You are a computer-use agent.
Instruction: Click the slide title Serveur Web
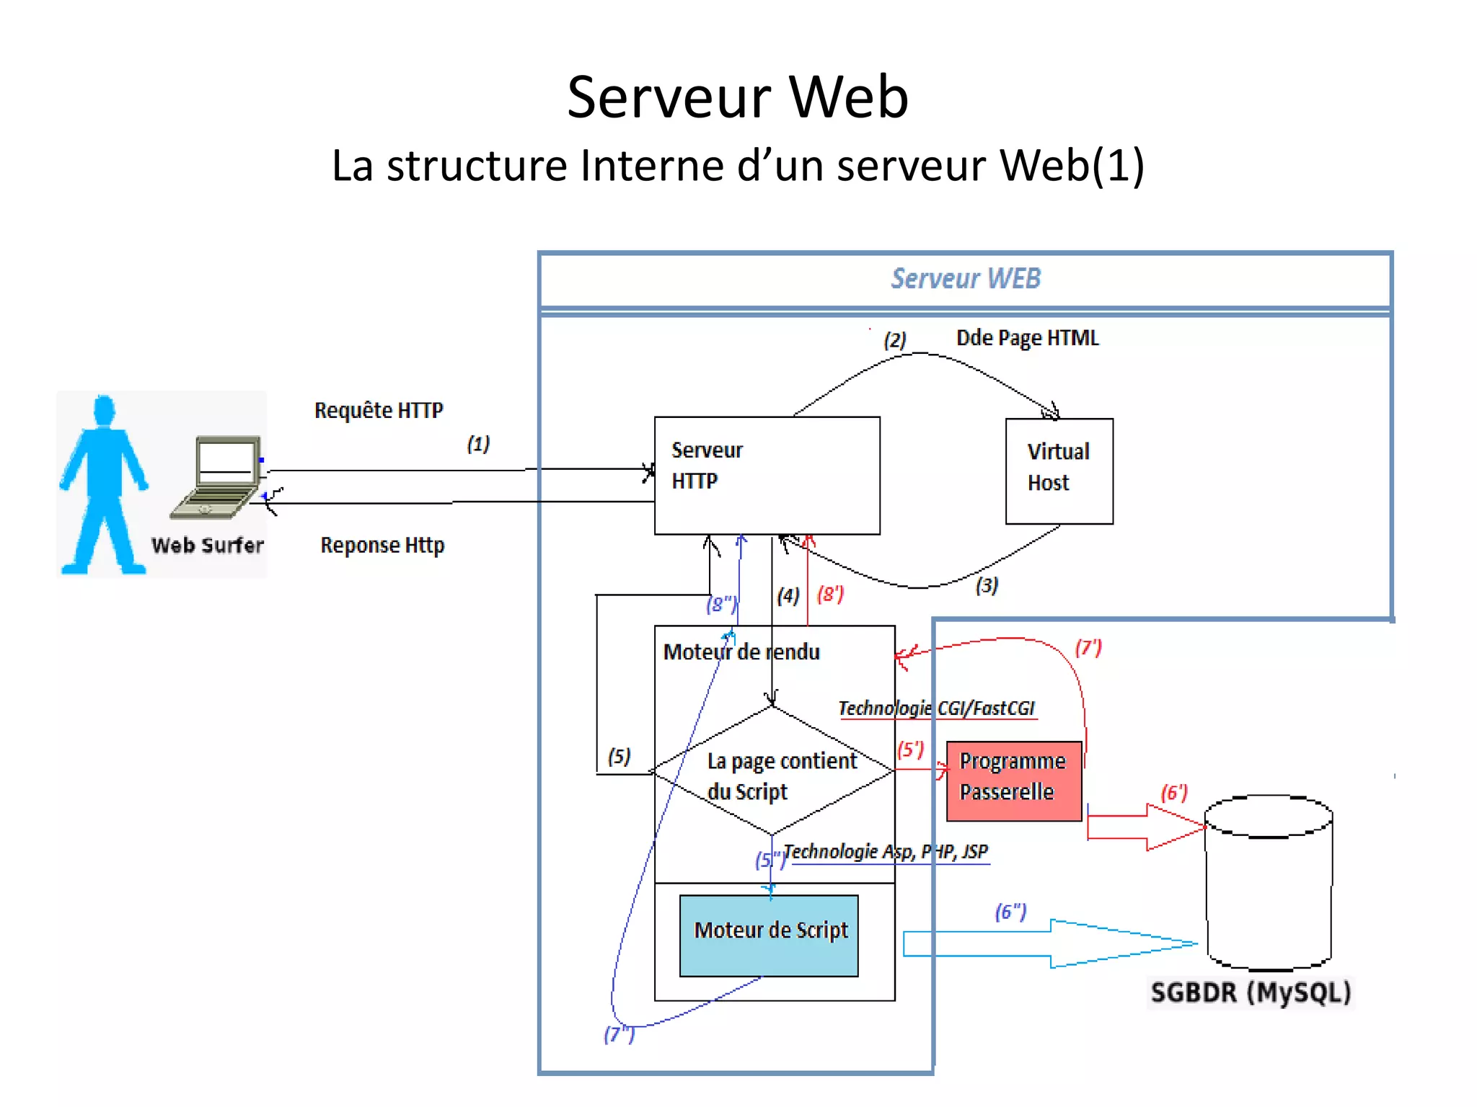737,97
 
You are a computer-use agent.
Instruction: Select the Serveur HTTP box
766,476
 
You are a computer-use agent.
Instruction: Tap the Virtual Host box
1059,471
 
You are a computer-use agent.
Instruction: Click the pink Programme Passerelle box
1013,781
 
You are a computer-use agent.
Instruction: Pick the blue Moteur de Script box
769,935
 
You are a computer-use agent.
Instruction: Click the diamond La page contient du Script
772,771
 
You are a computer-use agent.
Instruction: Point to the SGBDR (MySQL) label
1251,992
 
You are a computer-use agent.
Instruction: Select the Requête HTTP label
379,410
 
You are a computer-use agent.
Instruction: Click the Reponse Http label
382,545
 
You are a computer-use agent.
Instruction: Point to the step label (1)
478,443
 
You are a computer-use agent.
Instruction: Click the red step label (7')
1088,647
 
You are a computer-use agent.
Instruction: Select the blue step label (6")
1010,912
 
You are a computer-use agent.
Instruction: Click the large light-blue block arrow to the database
1046,943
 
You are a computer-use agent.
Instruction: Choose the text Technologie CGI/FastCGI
936,708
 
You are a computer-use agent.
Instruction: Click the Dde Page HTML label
1027,338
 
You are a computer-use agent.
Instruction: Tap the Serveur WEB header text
966,278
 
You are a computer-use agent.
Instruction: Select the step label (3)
987,584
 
